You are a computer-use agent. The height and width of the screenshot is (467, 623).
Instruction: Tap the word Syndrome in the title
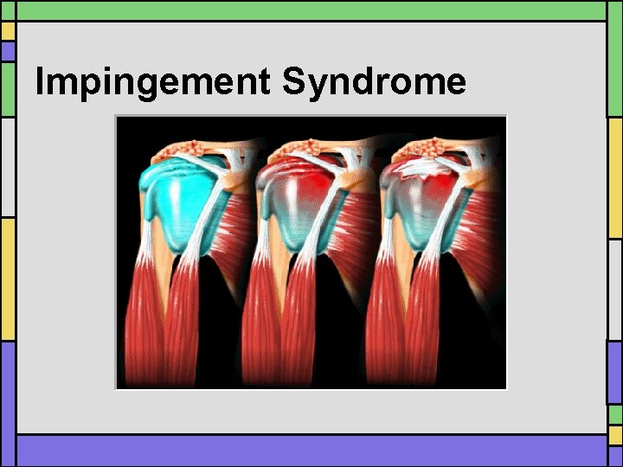374,83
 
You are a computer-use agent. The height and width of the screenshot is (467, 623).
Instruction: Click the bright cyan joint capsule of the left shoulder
173,208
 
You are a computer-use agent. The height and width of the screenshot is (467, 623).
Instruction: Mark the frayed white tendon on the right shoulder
420,170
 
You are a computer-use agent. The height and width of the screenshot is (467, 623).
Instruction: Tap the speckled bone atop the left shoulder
186,149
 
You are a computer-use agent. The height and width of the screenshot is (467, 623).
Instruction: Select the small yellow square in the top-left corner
8,31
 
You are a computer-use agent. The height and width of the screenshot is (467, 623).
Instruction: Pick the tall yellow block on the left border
8,277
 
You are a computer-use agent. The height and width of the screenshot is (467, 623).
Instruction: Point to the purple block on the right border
614,372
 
